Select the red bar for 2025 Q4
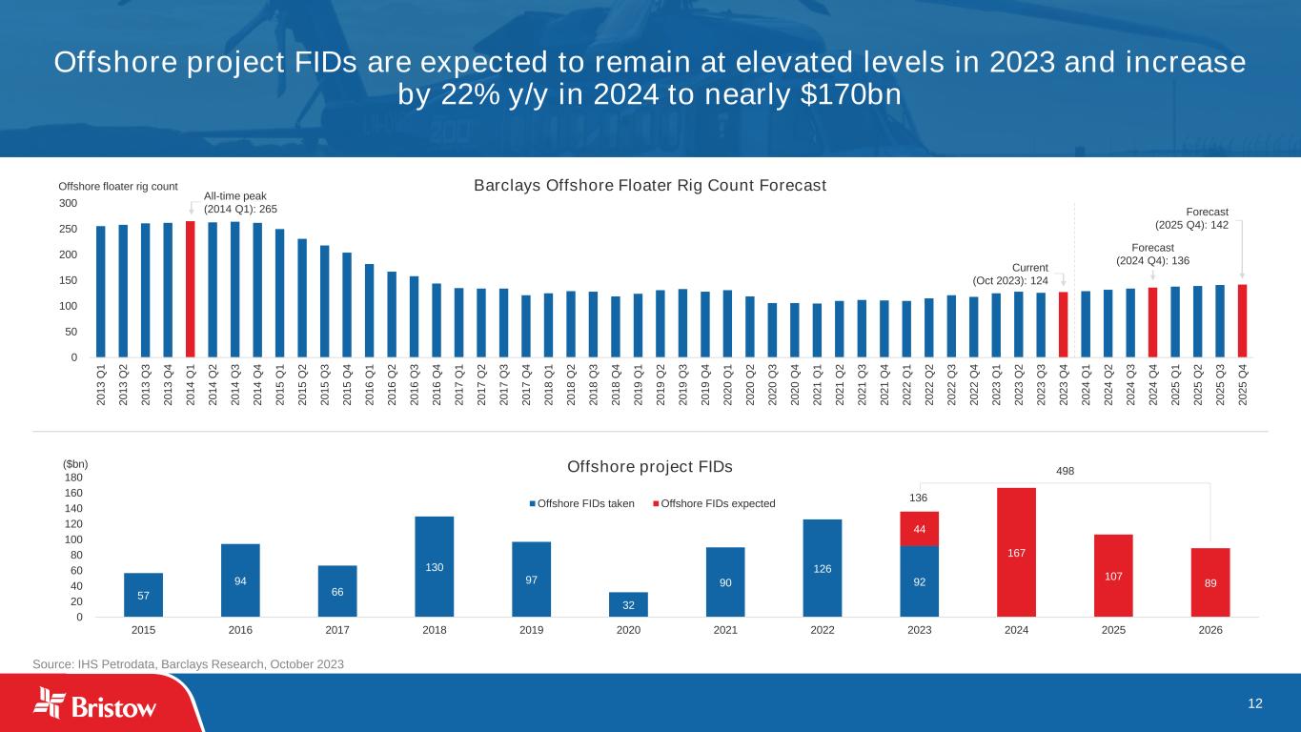click(x=1242, y=320)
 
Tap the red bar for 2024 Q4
click(x=1152, y=322)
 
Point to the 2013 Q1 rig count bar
click(x=101, y=291)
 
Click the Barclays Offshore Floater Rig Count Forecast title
click(x=650, y=185)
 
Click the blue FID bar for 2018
click(x=434, y=566)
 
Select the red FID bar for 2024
click(x=1016, y=552)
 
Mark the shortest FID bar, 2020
click(x=628, y=604)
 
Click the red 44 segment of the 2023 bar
click(x=919, y=529)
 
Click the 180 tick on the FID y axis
click(x=74, y=478)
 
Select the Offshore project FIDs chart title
click(x=650, y=467)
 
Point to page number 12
click(x=1255, y=703)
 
